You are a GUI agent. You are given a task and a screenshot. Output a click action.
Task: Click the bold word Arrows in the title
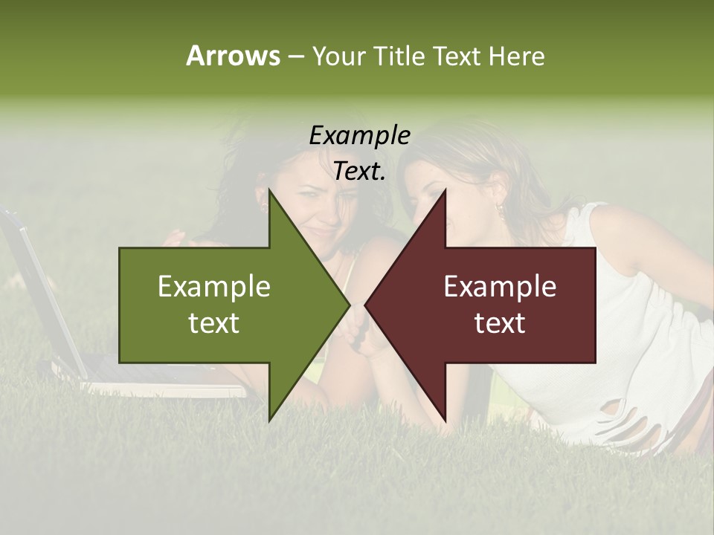coord(233,56)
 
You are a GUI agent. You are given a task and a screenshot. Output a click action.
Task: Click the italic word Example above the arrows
coord(359,135)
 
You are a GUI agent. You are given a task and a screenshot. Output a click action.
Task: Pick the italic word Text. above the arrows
coord(359,171)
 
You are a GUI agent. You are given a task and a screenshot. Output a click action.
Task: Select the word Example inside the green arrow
coord(214,286)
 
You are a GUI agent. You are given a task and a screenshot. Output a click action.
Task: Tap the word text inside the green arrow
coord(214,322)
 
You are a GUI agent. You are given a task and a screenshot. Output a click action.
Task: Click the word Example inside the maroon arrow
coord(500,286)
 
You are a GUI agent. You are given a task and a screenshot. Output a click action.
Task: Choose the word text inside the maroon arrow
coord(500,322)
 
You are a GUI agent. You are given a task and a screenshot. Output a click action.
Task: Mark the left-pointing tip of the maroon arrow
coord(366,305)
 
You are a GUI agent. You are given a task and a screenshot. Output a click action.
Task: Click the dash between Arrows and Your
coord(295,56)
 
